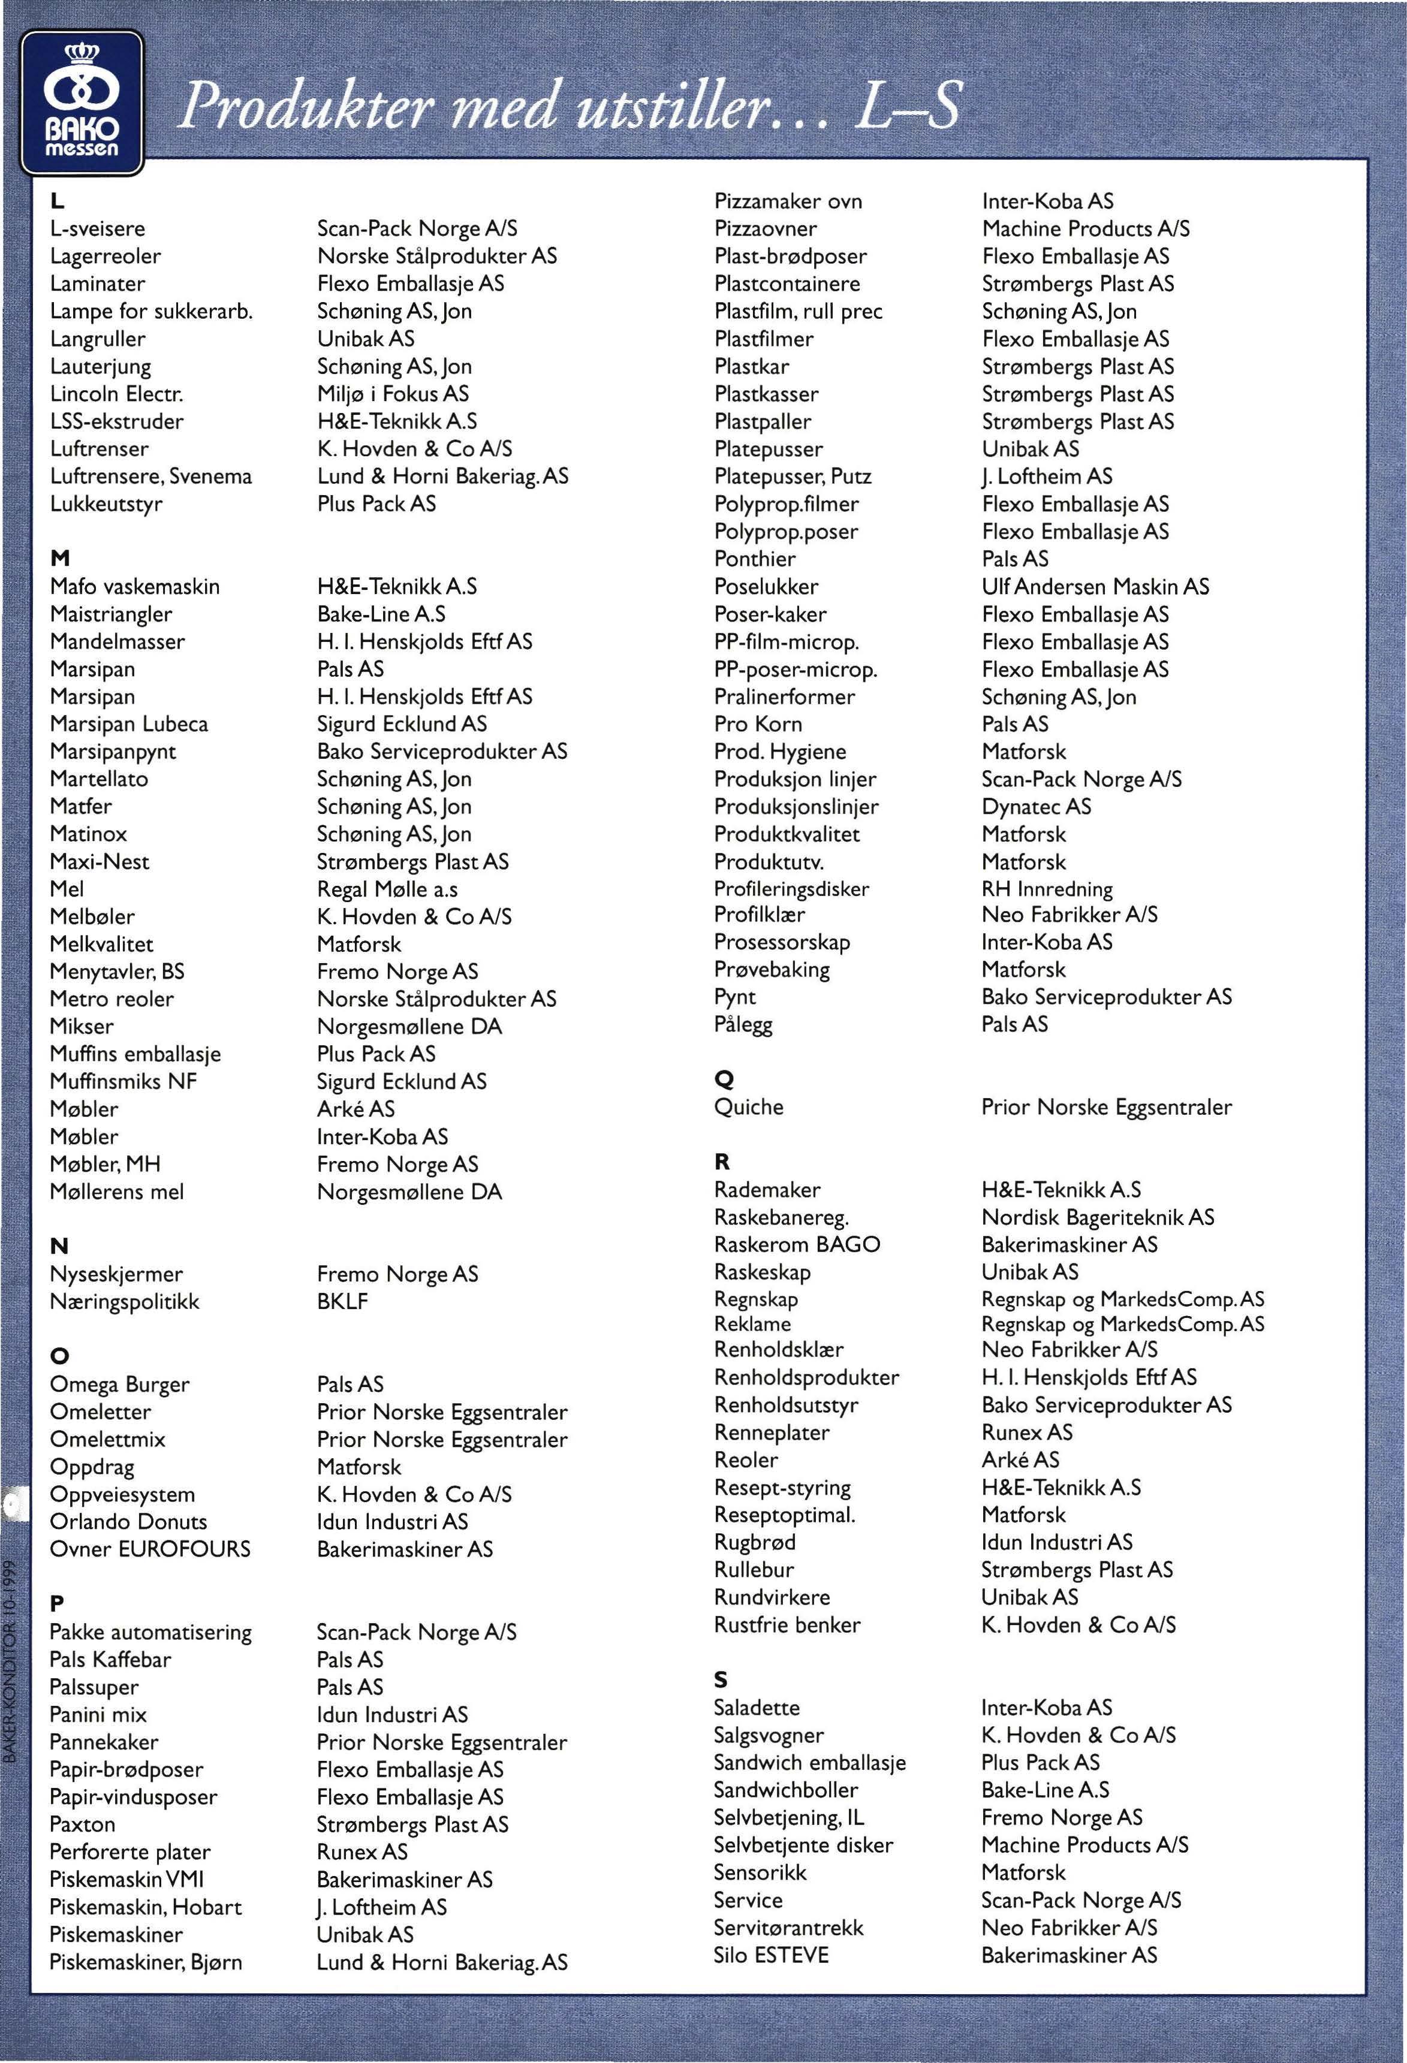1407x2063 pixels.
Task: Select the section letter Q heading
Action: pyautogui.click(x=724, y=1079)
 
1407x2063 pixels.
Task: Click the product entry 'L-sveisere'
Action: pyautogui.click(x=98, y=229)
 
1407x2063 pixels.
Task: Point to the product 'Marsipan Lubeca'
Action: pyautogui.click(x=129, y=725)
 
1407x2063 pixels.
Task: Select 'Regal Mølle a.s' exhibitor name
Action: pyautogui.click(x=387, y=889)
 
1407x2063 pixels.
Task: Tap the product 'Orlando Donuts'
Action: pyautogui.click(x=129, y=1522)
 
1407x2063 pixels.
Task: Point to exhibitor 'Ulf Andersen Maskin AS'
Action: pyautogui.click(x=1095, y=587)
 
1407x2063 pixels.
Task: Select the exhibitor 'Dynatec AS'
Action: pyautogui.click(x=1036, y=807)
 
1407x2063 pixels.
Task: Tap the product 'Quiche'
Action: pyautogui.click(x=748, y=1107)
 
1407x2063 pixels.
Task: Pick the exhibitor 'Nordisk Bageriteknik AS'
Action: pyautogui.click(x=1097, y=1217)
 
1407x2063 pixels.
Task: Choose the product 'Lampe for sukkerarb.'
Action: pyautogui.click(x=152, y=312)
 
